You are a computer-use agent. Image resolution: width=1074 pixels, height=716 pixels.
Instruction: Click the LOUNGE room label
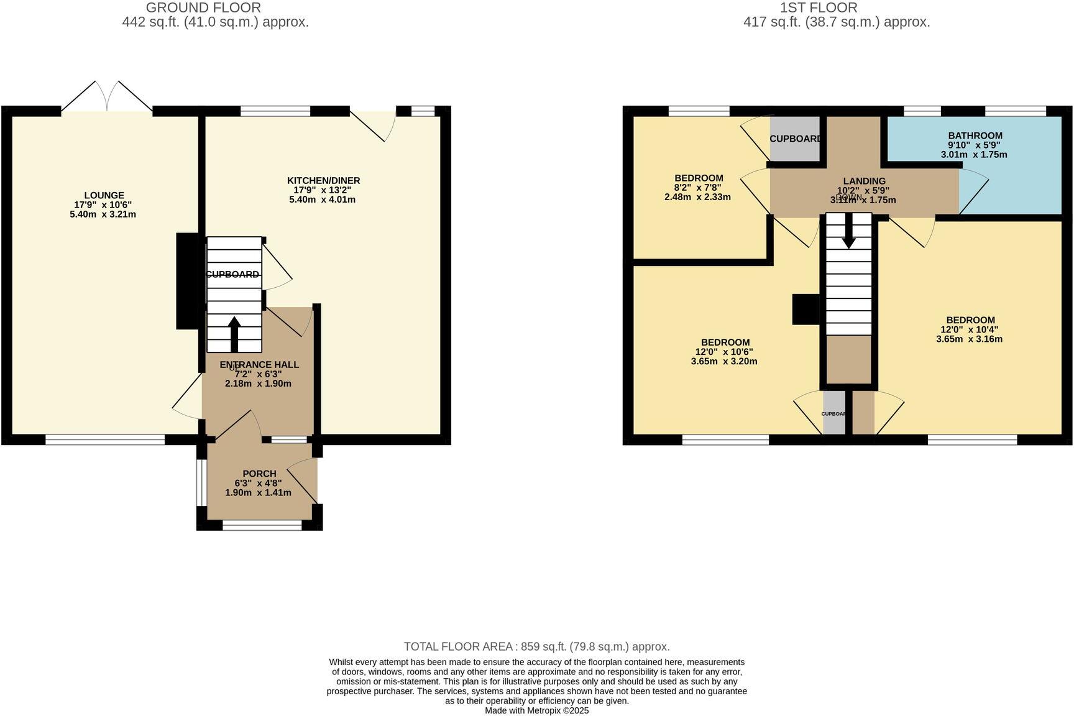104,195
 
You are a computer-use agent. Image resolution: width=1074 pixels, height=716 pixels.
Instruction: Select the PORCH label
259,474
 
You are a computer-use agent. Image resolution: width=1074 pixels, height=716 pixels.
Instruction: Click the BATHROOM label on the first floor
975,135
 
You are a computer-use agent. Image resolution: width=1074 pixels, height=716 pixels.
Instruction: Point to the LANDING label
864,181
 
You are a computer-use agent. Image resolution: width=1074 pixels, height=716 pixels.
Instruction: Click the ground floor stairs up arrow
234,334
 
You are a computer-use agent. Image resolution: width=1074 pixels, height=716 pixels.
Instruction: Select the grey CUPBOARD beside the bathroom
795,139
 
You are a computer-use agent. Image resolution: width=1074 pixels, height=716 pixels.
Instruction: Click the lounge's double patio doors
108,98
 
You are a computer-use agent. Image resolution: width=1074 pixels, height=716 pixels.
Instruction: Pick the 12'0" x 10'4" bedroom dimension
969,330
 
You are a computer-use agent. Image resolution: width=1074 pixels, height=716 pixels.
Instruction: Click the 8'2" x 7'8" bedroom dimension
699,188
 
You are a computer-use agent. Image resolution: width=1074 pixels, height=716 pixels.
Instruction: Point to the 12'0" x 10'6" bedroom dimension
724,352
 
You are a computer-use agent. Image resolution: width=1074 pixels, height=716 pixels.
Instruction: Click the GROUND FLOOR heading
203,7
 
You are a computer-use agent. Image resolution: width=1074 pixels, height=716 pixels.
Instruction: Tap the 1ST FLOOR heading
819,7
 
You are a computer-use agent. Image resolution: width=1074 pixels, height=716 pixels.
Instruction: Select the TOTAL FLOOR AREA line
536,646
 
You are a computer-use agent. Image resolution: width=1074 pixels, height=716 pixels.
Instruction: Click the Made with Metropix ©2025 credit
536,710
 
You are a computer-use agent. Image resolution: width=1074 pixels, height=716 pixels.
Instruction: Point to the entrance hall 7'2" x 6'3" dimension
258,374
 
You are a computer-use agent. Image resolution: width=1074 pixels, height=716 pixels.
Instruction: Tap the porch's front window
262,526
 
